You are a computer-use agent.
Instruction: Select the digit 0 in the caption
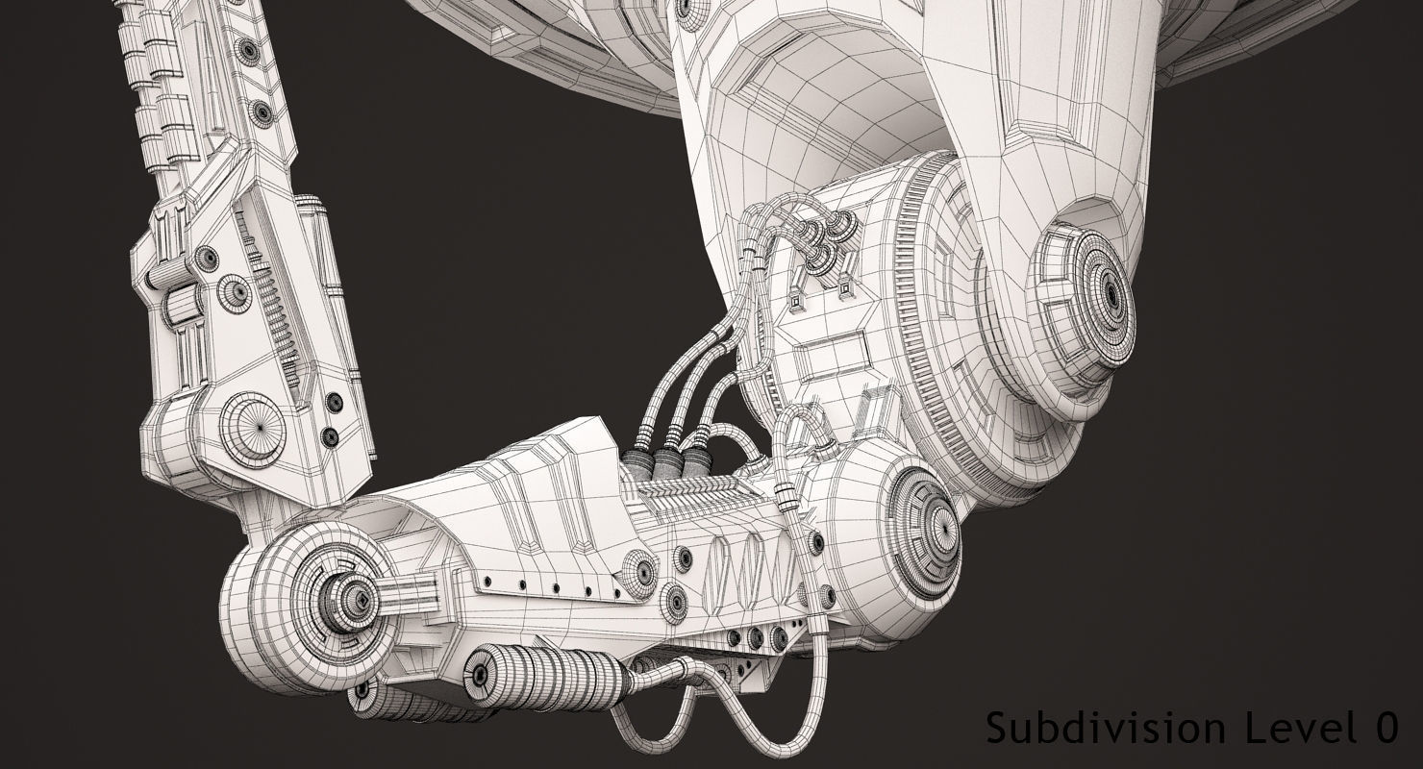[x=1385, y=728]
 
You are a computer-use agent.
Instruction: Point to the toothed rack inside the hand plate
[x=274, y=308]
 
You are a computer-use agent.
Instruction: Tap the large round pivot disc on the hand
[x=252, y=429]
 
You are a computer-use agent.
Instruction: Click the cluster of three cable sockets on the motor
[x=822, y=240]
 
